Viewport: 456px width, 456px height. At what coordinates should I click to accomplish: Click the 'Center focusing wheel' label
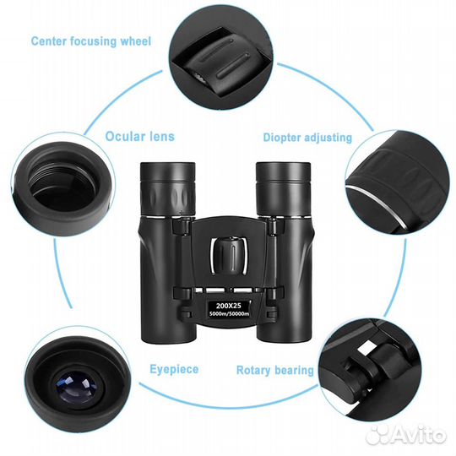91,41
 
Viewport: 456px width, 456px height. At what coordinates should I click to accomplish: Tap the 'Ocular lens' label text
139,137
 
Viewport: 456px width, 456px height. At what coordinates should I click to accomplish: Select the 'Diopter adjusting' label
307,138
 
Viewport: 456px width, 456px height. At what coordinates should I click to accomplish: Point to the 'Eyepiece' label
174,369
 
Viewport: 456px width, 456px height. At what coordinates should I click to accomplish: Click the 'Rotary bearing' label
274,370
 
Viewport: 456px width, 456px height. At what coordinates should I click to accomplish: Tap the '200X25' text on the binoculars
229,306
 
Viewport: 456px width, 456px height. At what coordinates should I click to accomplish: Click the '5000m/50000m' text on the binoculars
230,313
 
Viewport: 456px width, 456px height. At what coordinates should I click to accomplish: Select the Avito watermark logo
405,435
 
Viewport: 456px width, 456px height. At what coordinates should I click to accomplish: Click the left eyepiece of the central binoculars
167,189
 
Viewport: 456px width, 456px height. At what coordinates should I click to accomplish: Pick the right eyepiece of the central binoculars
283,189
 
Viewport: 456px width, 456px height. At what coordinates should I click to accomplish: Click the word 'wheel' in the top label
136,41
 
